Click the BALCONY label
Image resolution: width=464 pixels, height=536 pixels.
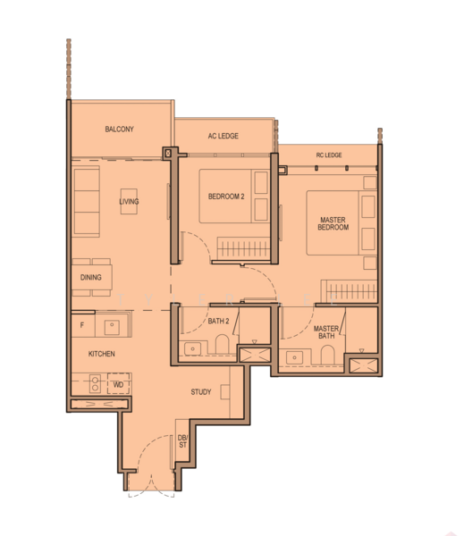[119, 130]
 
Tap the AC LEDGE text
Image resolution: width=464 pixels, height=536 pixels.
[223, 136]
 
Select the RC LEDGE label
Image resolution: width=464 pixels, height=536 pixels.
[329, 155]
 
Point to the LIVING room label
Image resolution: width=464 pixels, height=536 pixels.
[129, 202]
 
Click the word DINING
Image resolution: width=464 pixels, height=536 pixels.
[90, 278]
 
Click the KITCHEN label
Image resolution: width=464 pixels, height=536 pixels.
[101, 354]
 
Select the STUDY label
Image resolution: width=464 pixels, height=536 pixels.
[200, 392]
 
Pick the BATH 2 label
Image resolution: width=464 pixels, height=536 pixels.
[219, 320]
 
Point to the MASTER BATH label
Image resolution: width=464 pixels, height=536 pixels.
[325, 332]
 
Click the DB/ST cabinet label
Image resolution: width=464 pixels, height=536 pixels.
[182, 440]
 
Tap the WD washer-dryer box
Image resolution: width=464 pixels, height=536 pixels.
[117, 385]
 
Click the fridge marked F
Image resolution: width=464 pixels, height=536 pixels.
[82, 325]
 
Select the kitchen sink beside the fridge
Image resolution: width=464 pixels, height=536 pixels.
[113, 325]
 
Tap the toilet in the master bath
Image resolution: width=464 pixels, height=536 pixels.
[326, 356]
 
